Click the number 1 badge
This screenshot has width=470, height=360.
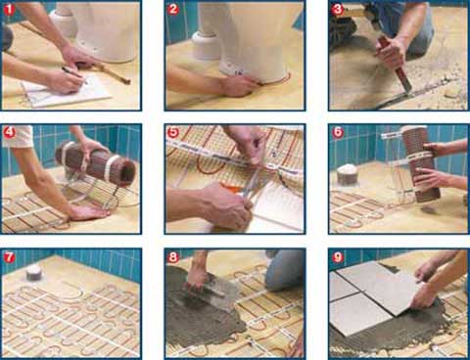10,9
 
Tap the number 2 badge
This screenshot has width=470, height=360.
173,9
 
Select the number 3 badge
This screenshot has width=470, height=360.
338,9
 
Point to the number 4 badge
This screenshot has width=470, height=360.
10,132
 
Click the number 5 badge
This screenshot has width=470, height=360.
173,132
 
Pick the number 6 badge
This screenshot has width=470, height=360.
338,132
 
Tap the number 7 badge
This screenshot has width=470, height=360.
9,257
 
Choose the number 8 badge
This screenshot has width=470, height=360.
173,257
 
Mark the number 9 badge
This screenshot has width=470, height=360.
338,257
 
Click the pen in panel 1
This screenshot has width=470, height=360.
74,74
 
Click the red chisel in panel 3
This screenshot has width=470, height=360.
395,64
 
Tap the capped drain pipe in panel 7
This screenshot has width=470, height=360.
33,273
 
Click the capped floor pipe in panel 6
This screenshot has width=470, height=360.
346,174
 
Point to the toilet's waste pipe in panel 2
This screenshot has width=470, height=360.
206,46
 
